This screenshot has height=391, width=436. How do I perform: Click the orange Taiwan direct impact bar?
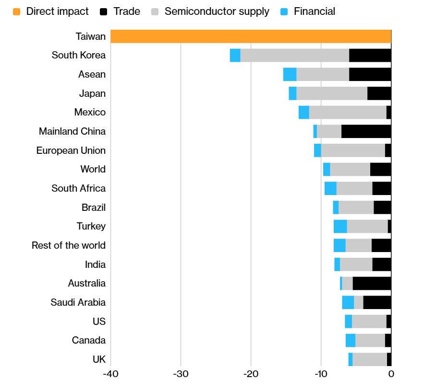click(251, 36)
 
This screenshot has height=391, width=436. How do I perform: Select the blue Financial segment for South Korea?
click(235, 56)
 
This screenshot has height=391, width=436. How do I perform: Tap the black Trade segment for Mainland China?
click(366, 131)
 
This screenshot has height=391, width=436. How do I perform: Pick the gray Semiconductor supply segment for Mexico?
click(348, 113)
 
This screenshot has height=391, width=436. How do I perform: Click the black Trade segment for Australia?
click(372, 284)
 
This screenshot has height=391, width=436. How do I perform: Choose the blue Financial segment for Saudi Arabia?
click(348, 302)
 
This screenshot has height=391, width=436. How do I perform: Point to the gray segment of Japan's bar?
click(332, 93)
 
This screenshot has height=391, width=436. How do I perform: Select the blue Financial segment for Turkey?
click(340, 226)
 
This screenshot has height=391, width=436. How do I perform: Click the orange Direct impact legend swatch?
click(17, 11)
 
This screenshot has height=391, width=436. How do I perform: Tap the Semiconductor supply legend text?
click(217, 11)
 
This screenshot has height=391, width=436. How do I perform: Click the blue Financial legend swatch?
click(284, 11)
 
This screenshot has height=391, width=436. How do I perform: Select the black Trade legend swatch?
click(104, 11)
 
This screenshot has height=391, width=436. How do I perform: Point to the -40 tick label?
click(110, 374)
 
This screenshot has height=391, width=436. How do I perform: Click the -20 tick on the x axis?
click(251, 374)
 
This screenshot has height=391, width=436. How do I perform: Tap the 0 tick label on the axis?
click(391, 374)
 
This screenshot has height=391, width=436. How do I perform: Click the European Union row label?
click(71, 150)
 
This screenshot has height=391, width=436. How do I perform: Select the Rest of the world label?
click(68, 245)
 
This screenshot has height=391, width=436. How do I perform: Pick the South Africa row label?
click(78, 188)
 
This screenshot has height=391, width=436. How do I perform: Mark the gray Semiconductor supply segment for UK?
click(370, 359)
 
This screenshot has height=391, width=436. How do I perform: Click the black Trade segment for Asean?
click(370, 75)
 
